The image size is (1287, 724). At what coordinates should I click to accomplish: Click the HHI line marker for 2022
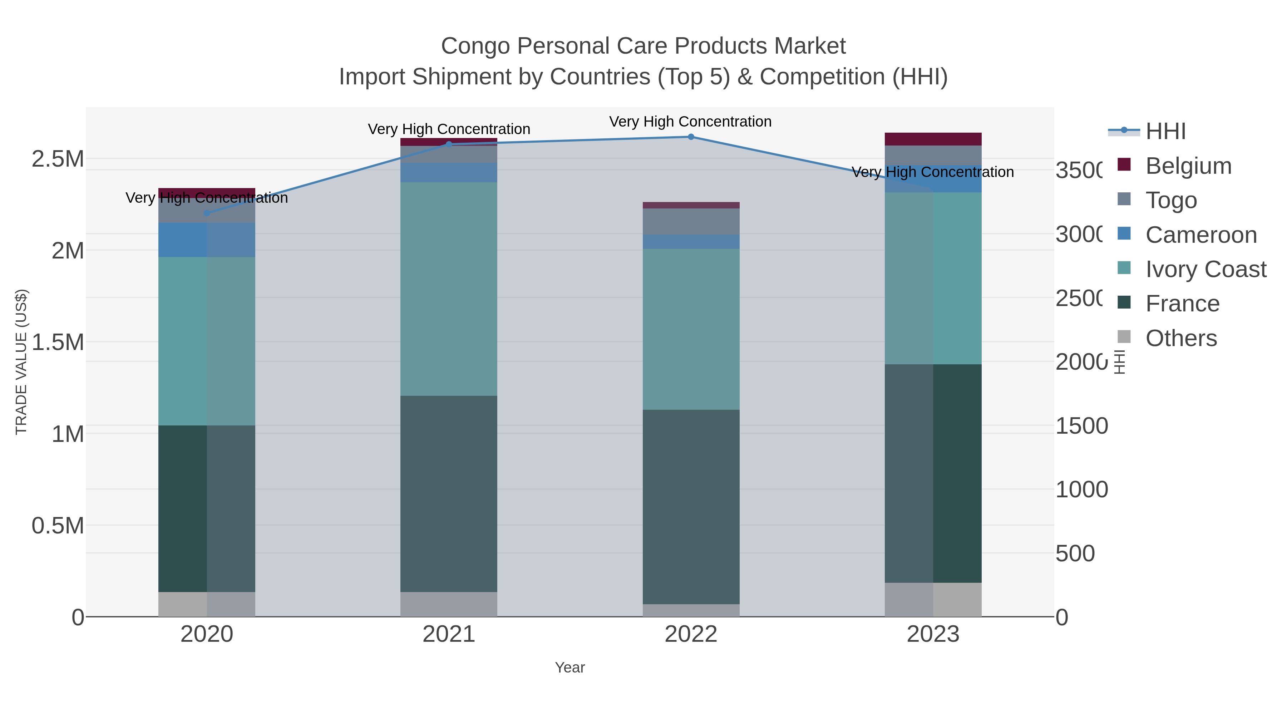(x=691, y=137)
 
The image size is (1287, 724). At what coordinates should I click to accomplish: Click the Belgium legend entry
(x=1188, y=166)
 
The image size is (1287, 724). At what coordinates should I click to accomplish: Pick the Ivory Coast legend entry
(x=1205, y=269)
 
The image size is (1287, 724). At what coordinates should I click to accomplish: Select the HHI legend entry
(x=1165, y=132)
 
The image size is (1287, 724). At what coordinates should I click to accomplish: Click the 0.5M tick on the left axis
(x=58, y=526)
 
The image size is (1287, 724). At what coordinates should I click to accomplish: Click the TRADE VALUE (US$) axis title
(x=21, y=362)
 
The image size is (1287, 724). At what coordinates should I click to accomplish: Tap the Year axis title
(x=569, y=668)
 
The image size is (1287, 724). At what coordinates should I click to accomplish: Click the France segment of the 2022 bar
(x=691, y=507)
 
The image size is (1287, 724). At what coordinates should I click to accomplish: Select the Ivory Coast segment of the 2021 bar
(x=449, y=289)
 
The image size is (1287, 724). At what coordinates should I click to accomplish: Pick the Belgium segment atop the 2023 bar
(x=933, y=139)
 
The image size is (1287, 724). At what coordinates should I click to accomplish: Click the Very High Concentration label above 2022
(x=690, y=122)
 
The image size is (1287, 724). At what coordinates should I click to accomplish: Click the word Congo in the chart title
(x=475, y=46)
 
